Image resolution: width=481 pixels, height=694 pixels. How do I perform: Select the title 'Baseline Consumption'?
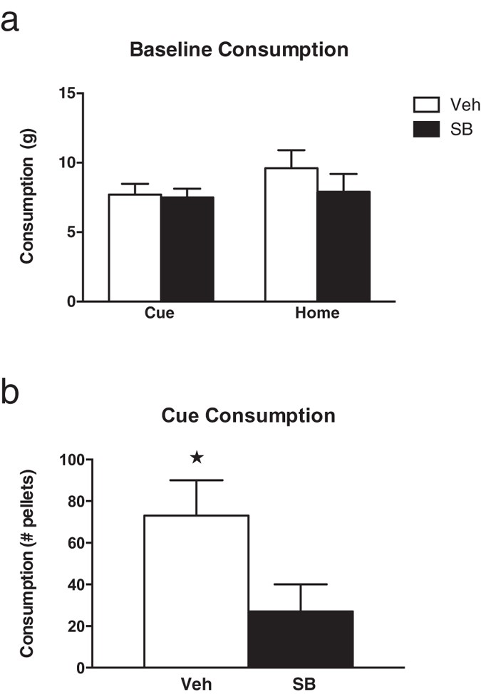click(239, 51)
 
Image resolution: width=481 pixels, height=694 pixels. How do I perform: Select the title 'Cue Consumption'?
click(248, 415)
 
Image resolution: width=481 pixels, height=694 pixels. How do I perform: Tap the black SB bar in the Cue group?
click(187, 249)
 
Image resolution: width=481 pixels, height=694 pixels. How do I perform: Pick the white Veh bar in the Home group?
click(291, 235)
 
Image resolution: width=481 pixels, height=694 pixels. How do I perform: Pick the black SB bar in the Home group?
click(343, 247)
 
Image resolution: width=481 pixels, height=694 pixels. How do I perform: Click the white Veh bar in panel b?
click(196, 591)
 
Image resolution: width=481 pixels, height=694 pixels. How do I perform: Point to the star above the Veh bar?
click(197, 457)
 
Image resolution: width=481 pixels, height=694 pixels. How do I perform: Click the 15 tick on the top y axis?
click(68, 93)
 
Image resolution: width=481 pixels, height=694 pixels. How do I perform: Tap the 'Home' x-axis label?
click(318, 314)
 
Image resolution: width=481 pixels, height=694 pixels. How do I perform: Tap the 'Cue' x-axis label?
click(161, 314)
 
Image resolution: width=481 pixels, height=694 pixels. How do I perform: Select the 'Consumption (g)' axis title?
click(27, 197)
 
